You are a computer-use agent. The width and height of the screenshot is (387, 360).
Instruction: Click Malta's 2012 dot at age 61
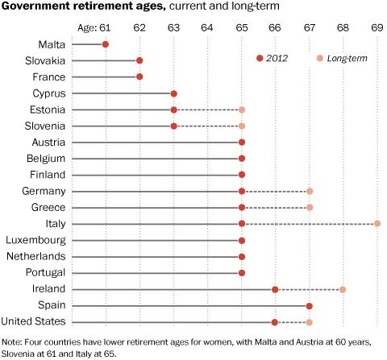pyautogui.click(x=106, y=43)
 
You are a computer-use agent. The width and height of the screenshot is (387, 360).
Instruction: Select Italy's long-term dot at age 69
pyautogui.click(x=377, y=224)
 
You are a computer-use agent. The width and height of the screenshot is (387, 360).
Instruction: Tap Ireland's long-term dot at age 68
pyautogui.click(x=343, y=289)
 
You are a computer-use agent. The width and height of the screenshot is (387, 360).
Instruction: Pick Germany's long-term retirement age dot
pyautogui.click(x=310, y=191)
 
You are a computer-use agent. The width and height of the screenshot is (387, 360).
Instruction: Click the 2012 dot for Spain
pyautogui.click(x=310, y=306)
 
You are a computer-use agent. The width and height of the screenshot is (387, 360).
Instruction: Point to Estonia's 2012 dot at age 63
pyautogui.click(x=173, y=110)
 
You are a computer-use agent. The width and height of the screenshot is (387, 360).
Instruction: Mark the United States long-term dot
pyautogui.click(x=310, y=322)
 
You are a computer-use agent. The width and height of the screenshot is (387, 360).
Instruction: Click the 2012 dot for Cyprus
pyautogui.click(x=173, y=93)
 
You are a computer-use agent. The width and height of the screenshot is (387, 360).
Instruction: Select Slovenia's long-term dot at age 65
pyautogui.click(x=242, y=126)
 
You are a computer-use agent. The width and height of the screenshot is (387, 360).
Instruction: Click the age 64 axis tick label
pyautogui.click(x=207, y=27)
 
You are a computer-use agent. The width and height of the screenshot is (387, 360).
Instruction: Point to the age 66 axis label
pyautogui.click(x=276, y=27)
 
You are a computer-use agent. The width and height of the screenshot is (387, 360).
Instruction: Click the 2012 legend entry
pyautogui.click(x=271, y=57)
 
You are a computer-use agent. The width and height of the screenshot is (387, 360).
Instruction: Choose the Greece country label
pyautogui.click(x=50, y=208)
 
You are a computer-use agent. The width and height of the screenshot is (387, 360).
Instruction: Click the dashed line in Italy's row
pyautogui.click(x=310, y=224)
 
